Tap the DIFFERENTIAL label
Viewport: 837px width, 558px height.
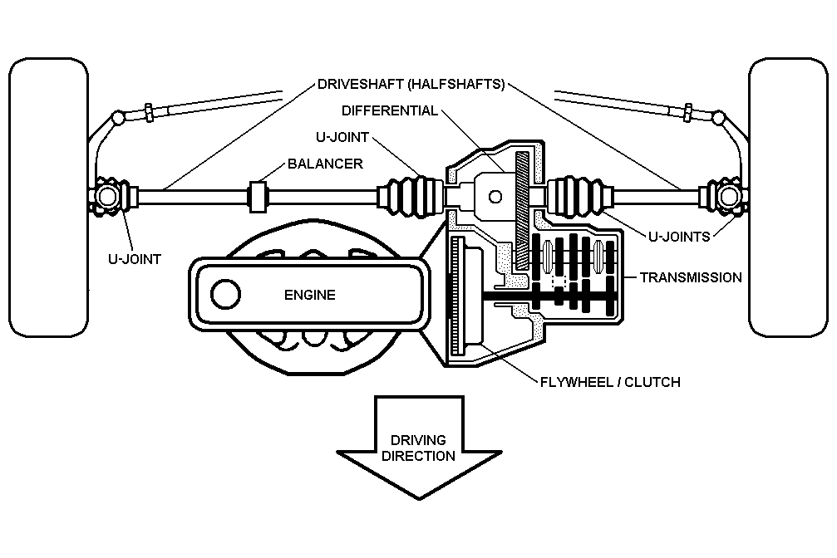[389, 110]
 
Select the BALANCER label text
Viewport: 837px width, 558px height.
[325, 164]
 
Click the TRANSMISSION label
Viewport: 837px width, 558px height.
[691, 277]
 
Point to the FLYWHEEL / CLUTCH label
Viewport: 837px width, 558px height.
[610, 382]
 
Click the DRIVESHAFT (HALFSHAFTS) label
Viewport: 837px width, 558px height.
[411, 85]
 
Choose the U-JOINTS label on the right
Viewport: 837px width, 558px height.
[679, 237]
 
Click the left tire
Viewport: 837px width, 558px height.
[45, 199]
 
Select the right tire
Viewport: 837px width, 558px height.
[790, 199]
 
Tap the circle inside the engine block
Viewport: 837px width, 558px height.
[225, 294]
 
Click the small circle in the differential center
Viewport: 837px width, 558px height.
[495, 197]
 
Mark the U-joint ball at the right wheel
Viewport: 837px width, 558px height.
[729, 198]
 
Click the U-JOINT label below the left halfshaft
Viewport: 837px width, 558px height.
[135, 259]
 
